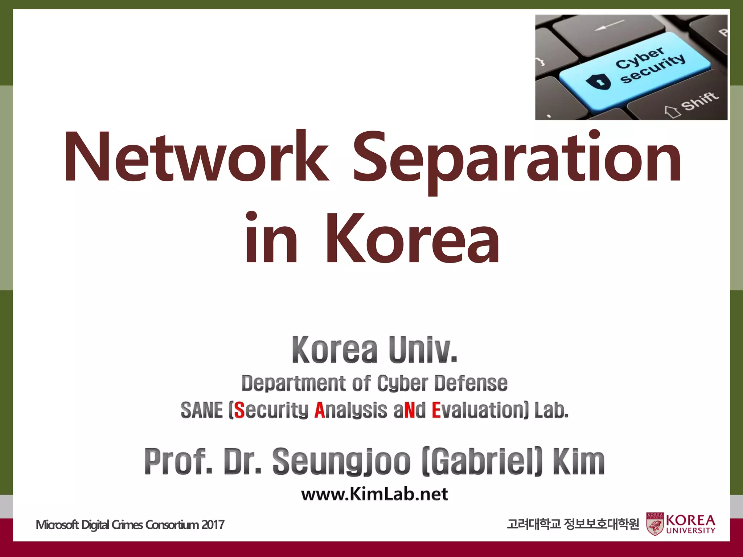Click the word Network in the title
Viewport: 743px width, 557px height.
[x=196, y=157]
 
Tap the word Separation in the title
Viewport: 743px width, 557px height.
[x=517, y=160]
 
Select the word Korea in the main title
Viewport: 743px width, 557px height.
[x=412, y=239]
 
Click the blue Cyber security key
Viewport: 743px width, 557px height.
[x=635, y=71]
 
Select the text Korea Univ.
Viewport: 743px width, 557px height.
[x=374, y=350]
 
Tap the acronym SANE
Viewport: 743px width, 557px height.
[x=202, y=410]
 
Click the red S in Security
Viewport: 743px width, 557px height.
[x=239, y=410]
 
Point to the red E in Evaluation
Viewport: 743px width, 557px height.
[x=436, y=410]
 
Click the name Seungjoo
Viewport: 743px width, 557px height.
[x=341, y=461]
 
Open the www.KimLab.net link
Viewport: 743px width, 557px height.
[x=374, y=494]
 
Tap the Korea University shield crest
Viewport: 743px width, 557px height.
[x=655, y=524]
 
